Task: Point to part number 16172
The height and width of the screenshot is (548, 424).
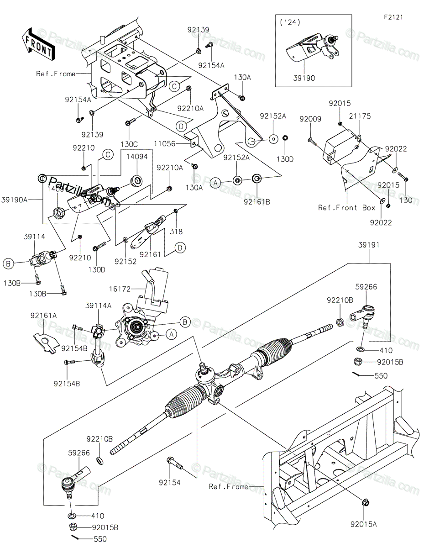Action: click(x=120, y=289)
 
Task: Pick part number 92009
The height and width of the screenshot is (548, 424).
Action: click(x=310, y=120)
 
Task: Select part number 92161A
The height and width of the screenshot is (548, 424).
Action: click(x=44, y=315)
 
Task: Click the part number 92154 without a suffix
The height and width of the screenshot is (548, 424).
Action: click(x=169, y=482)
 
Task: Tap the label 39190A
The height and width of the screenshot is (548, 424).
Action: click(x=15, y=199)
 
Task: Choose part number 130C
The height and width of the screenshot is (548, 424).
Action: click(x=129, y=143)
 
